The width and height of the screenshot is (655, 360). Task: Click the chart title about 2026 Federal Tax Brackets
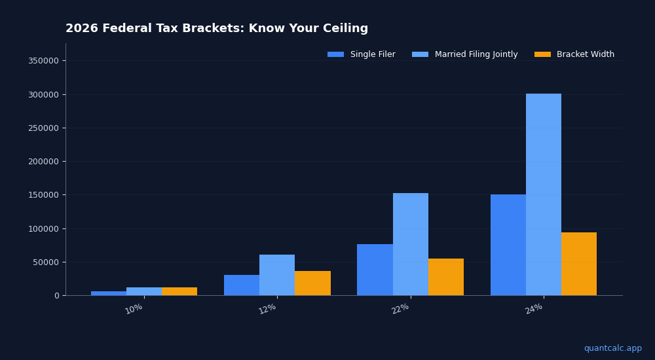tap(217, 29)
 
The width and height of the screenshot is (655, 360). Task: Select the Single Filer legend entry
tap(362, 54)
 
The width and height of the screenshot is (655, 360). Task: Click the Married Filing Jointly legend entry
tap(465, 54)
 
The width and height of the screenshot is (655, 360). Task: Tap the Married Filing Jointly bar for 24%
tap(544, 194)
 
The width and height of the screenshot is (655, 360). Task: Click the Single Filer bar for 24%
tap(508, 245)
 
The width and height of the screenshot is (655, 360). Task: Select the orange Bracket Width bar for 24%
tap(579, 264)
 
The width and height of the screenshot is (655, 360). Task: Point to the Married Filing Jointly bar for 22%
tap(411, 244)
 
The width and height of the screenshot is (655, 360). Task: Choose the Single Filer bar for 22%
tap(375, 270)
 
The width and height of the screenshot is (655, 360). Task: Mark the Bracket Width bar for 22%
tap(446, 277)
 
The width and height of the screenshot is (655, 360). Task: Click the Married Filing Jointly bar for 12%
tap(277, 275)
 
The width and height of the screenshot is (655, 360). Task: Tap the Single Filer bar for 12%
tap(242, 285)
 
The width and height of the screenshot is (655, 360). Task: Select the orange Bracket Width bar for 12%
tap(312, 283)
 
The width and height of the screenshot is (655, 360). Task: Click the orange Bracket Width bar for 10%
tap(179, 291)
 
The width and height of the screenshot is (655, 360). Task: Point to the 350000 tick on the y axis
tap(43, 61)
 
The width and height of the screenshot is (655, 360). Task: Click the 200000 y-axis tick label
tap(43, 162)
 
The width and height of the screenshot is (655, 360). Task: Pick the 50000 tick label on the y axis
tap(46, 262)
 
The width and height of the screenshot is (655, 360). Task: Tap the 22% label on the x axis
tap(400, 308)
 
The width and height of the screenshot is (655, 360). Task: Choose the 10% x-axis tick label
tap(134, 308)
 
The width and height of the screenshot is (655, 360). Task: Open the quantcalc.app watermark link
tap(612, 348)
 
